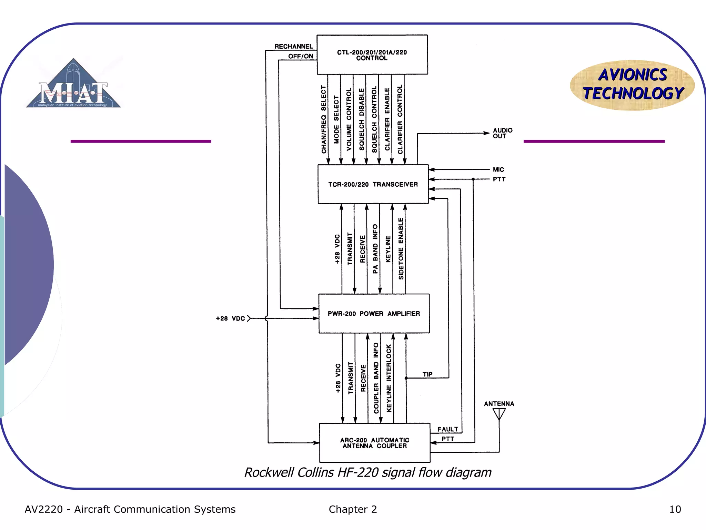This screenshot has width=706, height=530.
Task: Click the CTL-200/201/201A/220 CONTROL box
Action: pyautogui.click(x=372, y=55)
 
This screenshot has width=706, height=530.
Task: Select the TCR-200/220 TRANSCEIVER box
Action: pyautogui.click(x=373, y=184)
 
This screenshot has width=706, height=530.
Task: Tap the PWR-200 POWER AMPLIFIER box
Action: pyautogui.click(x=374, y=314)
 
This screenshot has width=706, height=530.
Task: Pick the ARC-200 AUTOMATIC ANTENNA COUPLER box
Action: pyautogui.click(x=375, y=443)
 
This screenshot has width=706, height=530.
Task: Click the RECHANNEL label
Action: pyautogui.click(x=293, y=46)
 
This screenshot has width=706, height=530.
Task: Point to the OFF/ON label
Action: pyautogui.click(x=301, y=56)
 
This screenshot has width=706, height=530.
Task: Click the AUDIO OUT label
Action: pyautogui.click(x=502, y=133)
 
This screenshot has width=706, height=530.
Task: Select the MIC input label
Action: pyautogui.click(x=498, y=169)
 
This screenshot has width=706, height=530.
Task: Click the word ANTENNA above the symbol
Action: pyautogui.click(x=499, y=404)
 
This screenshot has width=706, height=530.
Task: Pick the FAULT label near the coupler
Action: pyautogui.click(x=447, y=429)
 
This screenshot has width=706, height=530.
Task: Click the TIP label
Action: pyautogui.click(x=427, y=374)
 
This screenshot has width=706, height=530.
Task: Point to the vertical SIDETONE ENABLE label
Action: pyautogui.click(x=401, y=248)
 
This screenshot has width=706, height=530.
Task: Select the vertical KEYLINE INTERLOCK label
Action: pyautogui.click(x=389, y=378)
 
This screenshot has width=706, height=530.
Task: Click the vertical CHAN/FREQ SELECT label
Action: pyautogui.click(x=323, y=119)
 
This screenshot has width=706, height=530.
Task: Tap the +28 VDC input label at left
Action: pyautogui.click(x=230, y=318)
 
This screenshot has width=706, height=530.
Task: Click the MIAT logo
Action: pyautogui.click(x=73, y=85)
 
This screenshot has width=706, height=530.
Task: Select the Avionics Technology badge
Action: pyautogui.click(x=632, y=85)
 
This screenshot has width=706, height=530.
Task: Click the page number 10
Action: pyautogui.click(x=675, y=509)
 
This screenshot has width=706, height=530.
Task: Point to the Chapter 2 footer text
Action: pyautogui.click(x=353, y=509)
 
